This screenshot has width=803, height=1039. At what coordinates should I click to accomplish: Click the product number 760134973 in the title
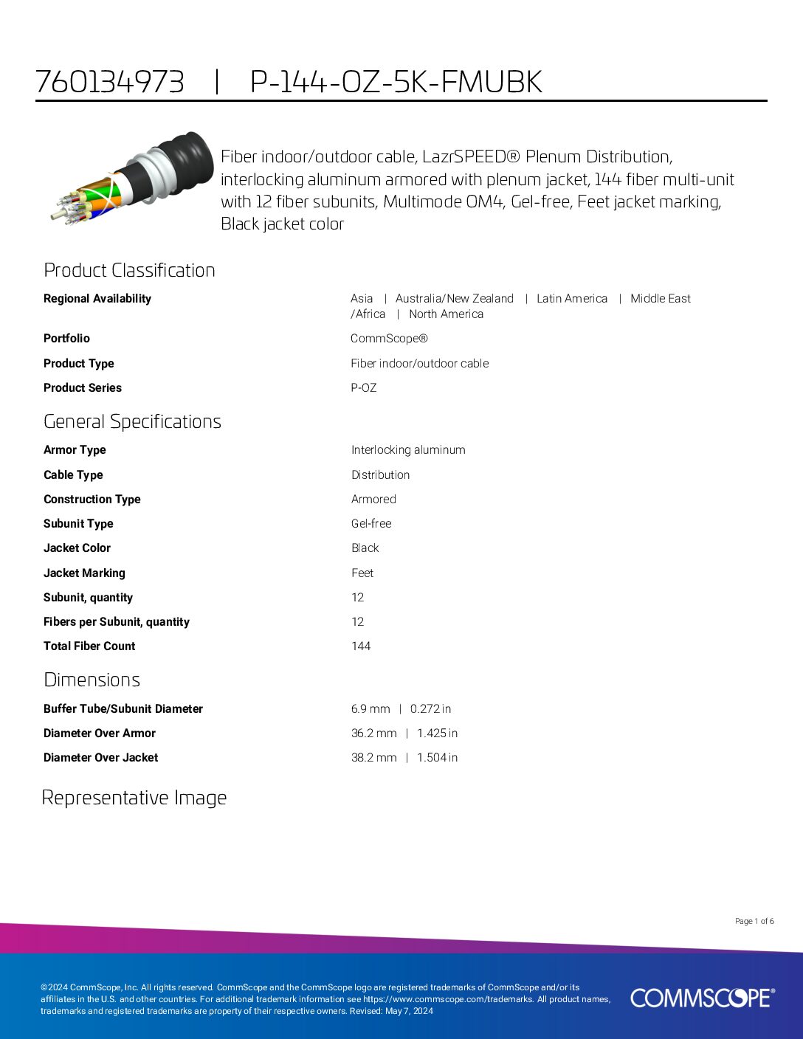point(110,82)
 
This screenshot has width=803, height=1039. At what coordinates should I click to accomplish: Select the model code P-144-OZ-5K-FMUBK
point(396,82)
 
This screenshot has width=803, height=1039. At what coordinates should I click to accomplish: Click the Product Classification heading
point(129,270)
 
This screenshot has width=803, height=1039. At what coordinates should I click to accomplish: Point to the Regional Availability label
point(97,299)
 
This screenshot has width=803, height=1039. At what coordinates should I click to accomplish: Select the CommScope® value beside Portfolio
point(389,339)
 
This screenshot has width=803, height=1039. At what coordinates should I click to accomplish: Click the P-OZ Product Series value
point(364,388)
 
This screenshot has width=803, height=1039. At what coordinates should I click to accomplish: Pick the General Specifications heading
point(132,421)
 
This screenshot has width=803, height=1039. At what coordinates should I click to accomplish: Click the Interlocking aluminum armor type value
point(408,450)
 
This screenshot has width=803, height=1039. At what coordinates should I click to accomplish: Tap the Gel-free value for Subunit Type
point(371,524)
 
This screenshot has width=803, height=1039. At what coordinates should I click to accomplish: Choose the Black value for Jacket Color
point(365,548)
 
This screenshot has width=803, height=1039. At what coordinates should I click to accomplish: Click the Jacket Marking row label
point(84,573)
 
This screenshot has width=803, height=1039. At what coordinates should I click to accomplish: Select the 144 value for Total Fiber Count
point(361,646)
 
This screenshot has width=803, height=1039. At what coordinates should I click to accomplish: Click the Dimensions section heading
point(92,680)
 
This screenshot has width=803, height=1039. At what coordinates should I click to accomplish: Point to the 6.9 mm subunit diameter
point(371,709)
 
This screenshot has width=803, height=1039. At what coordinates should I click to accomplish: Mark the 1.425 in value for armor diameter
point(437,733)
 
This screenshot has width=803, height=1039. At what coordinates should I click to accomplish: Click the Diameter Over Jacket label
point(100,758)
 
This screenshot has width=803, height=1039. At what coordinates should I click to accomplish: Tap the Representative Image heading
point(134,798)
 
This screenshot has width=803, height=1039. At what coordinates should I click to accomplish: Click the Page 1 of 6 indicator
point(754,921)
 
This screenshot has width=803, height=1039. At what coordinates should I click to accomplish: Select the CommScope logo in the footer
point(702,998)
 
